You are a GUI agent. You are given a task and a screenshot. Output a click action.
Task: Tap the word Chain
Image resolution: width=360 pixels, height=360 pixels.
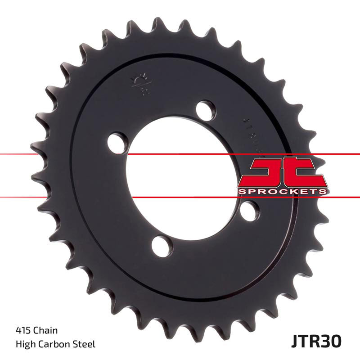(45, 331)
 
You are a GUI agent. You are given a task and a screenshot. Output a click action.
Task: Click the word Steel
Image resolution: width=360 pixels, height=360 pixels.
(85, 345)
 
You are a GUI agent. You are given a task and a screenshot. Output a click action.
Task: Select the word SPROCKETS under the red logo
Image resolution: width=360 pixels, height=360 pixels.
(282, 192)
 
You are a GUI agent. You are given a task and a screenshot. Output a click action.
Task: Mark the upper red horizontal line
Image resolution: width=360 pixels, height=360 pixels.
(67, 154)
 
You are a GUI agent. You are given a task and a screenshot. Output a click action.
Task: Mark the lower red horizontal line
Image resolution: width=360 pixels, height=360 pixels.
(67, 197)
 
